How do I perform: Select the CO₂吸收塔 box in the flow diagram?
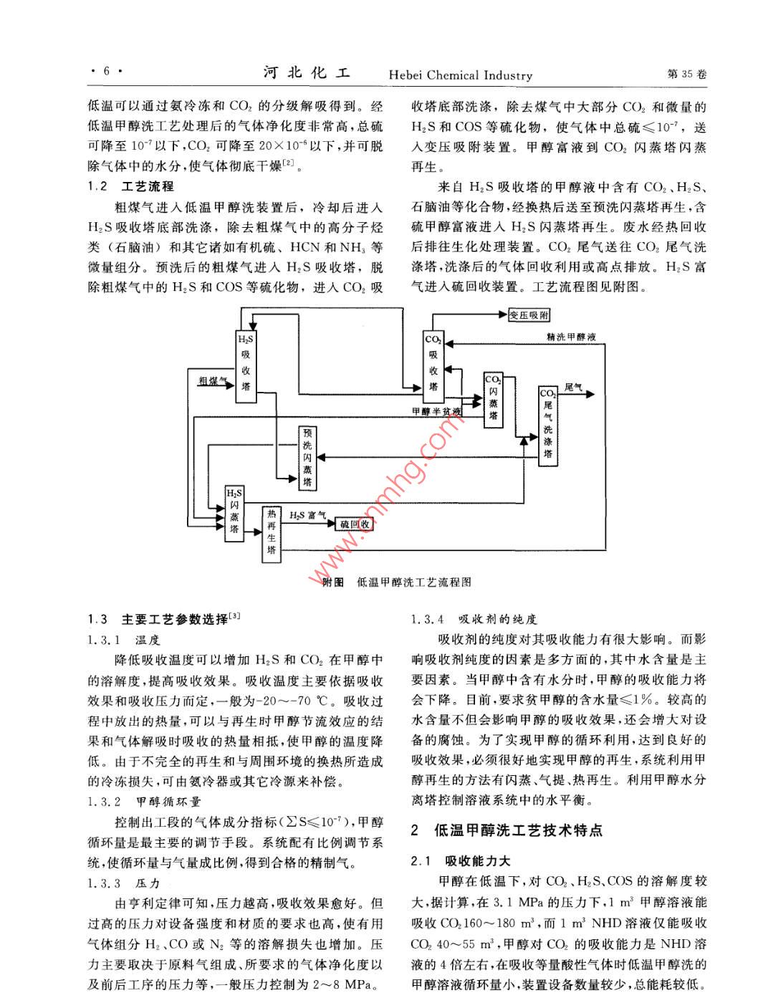click(x=433, y=366)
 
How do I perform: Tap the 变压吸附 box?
click(x=529, y=315)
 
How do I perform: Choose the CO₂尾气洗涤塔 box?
click(x=548, y=426)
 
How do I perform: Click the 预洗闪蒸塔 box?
click(x=307, y=458)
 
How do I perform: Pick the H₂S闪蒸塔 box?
click(x=234, y=512)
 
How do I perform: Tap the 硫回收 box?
click(x=355, y=524)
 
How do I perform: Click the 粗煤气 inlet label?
click(x=213, y=381)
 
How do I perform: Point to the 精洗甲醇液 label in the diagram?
click(x=571, y=337)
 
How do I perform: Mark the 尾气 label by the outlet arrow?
click(x=573, y=388)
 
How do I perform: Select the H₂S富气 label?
click(x=307, y=515)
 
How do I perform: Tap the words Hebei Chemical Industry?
click(x=461, y=75)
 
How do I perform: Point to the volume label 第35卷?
click(x=686, y=75)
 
